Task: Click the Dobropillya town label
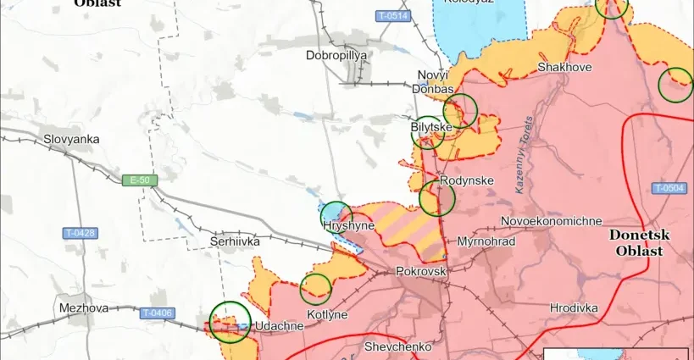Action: [336, 55]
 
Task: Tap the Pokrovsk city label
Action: [421, 272]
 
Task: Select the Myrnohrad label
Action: [486, 241]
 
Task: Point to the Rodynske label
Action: [467, 180]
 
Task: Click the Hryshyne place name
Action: [349, 226]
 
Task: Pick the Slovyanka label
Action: [72, 138]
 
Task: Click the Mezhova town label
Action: [84, 308]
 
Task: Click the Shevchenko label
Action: [397, 346]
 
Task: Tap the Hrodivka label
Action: [574, 308]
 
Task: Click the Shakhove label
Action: [564, 67]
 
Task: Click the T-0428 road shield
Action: [81, 233]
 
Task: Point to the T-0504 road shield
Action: [669, 188]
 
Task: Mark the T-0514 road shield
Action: [392, 16]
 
